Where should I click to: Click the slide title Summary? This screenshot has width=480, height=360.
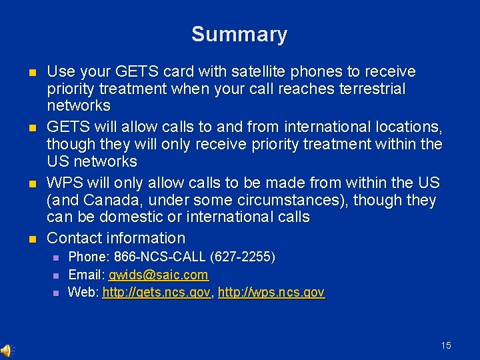coord(239,34)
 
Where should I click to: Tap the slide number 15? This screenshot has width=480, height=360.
coord(446,345)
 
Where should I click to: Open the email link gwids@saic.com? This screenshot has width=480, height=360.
coord(159,275)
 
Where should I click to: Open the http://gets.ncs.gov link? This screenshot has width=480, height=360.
coord(157,292)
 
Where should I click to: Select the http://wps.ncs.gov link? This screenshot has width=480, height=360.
coord(271,292)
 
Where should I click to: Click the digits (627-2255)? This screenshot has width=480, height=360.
coord(243,257)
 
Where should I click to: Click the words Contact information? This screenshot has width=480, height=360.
coord(116,238)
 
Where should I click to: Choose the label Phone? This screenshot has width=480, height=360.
coord(89,257)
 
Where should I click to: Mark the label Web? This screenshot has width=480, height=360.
coord(83,292)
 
